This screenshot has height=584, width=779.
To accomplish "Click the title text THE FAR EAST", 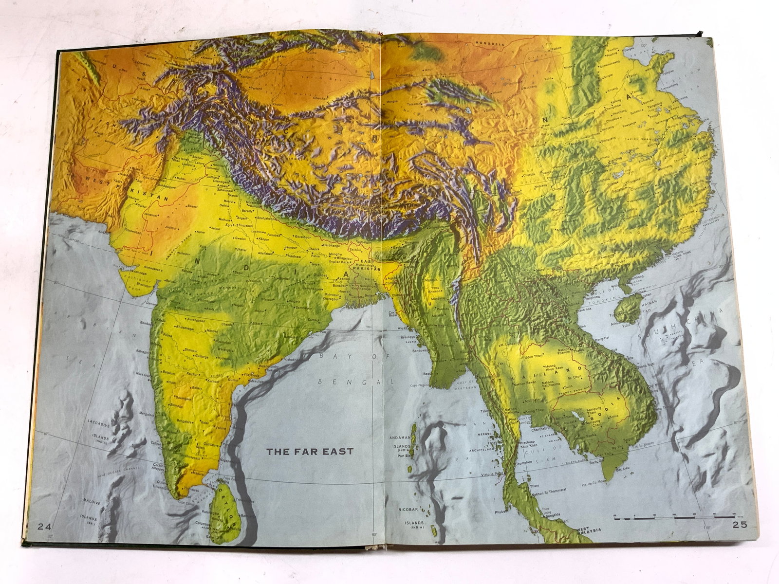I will [310, 451].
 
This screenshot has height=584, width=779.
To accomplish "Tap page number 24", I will [45, 526].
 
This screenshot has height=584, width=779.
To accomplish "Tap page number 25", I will [739, 525].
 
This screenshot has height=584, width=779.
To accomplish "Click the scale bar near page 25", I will [674, 518].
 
